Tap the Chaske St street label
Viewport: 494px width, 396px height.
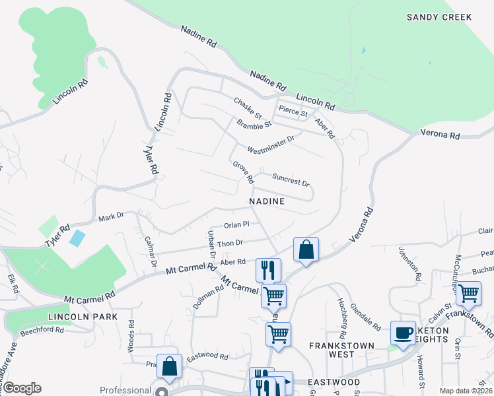coord(248,105)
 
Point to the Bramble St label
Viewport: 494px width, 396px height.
coord(254,123)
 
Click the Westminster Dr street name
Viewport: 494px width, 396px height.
coord(269,144)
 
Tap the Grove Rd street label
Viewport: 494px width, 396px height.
coord(242,172)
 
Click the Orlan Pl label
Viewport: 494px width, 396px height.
coord(236,225)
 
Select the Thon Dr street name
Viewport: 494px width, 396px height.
coord(230,244)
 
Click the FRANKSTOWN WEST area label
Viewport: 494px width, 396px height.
coord(342,350)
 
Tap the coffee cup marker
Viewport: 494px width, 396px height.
coord(403,332)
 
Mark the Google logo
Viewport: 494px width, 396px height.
coord(21,388)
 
